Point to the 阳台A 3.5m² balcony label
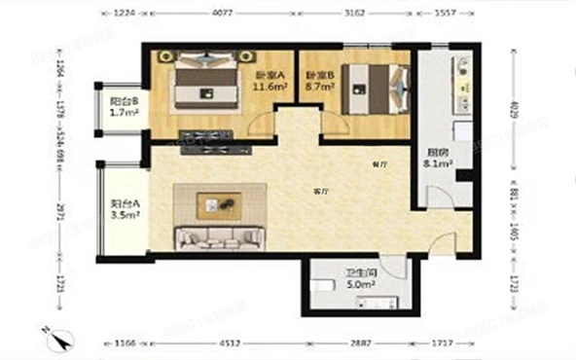(125, 209)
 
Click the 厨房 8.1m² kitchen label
(437, 159)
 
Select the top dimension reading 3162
(353, 15)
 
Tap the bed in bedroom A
(208, 85)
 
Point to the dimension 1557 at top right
(446, 15)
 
